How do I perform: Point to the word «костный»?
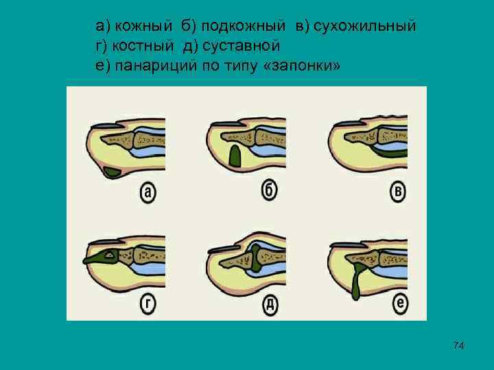[143, 46]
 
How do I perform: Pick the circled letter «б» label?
[270, 190]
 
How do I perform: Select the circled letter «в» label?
[399, 192]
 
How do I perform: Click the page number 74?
[459, 345]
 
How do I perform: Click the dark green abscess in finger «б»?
[235, 157]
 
